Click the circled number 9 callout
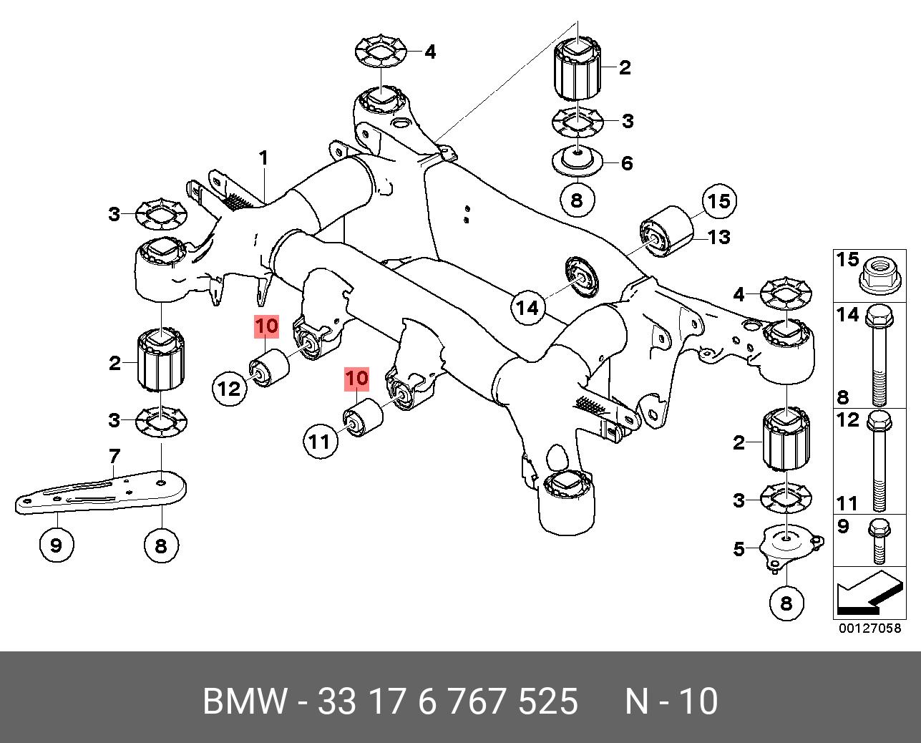click(57, 546)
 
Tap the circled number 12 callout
click(230, 389)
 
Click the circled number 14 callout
click(527, 308)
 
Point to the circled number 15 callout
click(718, 201)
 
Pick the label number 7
click(114, 455)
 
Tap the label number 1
click(263, 157)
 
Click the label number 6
click(627, 163)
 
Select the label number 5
click(739, 549)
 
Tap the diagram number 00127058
click(869, 628)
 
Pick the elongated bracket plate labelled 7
click(100, 492)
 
